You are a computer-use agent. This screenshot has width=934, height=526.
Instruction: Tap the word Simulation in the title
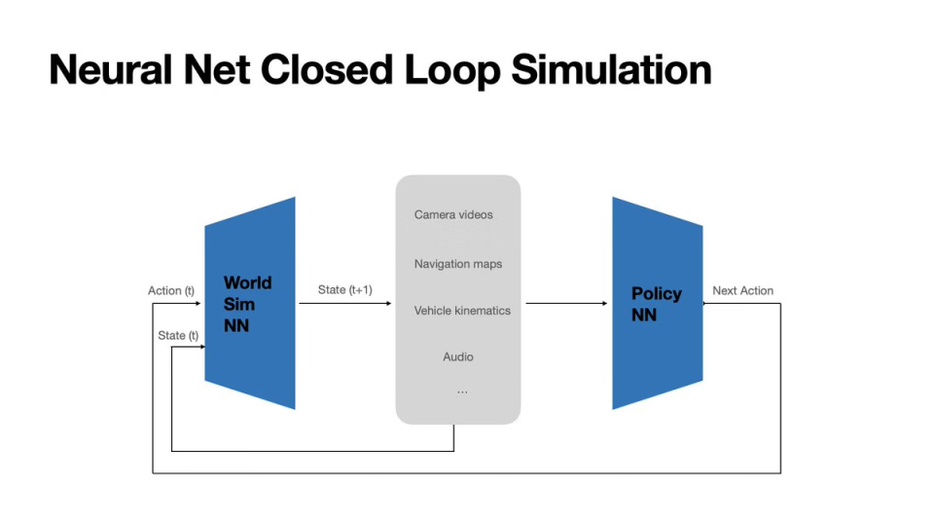[609, 70]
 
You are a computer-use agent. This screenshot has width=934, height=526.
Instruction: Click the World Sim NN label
[247, 304]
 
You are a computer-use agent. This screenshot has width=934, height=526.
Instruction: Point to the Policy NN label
[657, 304]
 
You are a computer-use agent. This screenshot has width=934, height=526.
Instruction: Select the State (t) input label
[178, 335]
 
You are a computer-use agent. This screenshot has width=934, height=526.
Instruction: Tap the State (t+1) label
[345, 289]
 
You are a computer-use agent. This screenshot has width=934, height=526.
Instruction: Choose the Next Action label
[743, 290]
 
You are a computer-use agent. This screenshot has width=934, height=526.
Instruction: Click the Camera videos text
[453, 214]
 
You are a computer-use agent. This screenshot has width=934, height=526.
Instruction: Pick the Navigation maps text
[458, 264]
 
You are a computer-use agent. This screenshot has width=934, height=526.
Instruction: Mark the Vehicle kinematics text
[462, 310]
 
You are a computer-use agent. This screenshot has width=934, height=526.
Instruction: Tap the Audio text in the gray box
[458, 357]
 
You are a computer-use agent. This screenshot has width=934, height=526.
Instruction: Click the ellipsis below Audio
[462, 390]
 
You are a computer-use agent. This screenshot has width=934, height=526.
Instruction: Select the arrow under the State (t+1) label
[346, 303]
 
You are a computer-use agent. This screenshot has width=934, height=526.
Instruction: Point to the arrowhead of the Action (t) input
[200, 303]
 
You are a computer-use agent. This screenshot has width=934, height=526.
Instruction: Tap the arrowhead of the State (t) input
[200, 347]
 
